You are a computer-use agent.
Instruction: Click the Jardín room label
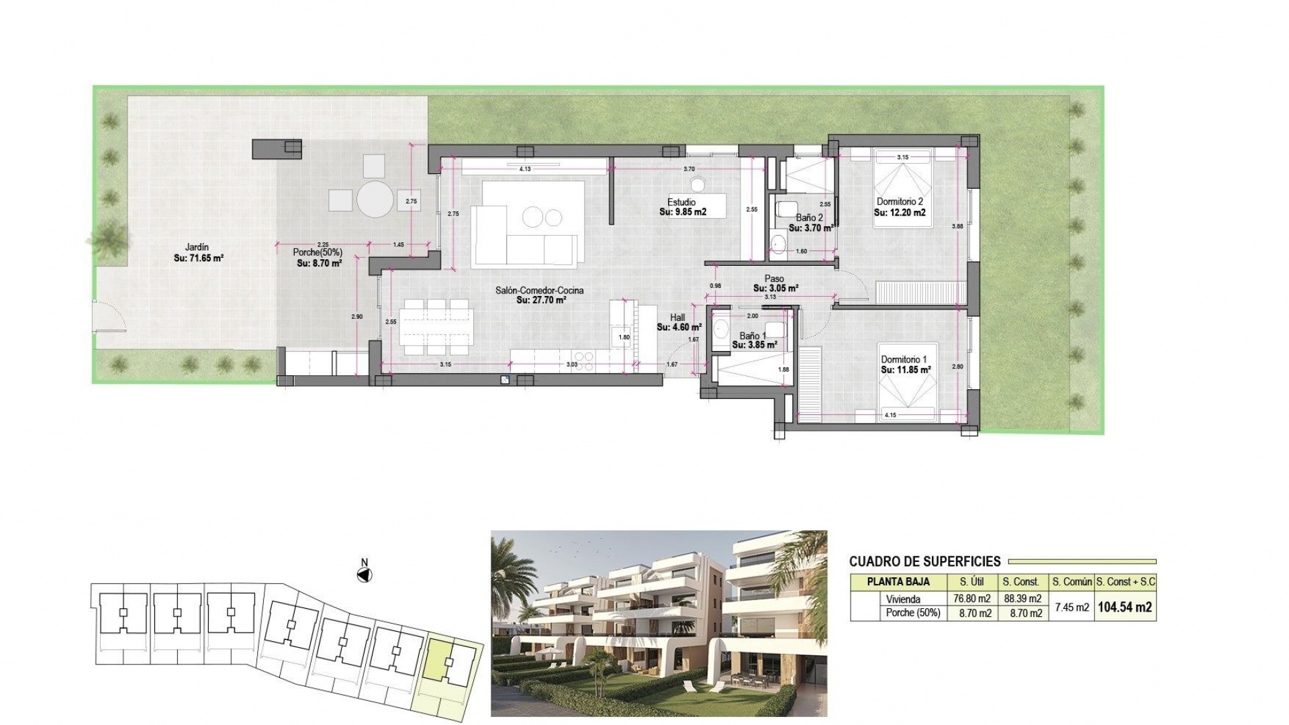coord(197,247)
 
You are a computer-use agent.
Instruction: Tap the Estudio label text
coord(681,202)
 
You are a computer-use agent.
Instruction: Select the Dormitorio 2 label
coord(900,201)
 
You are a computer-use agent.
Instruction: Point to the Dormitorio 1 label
coord(904,360)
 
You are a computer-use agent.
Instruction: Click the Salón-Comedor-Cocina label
coord(539,291)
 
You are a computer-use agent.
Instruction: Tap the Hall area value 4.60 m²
coord(679,328)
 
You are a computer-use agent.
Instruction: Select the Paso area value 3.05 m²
coord(775,289)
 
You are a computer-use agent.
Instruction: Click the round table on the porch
coord(375,199)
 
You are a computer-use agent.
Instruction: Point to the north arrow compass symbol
coord(365,575)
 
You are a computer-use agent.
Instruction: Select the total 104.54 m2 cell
coord(1125,607)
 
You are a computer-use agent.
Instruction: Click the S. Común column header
coord(1071,582)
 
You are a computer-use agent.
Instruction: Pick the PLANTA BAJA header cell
coord(898,582)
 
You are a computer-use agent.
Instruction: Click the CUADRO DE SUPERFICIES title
coord(924,562)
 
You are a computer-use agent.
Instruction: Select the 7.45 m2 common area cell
coord(1071,607)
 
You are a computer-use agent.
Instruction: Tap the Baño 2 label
coord(809,217)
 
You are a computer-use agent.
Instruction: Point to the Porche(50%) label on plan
coord(317,252)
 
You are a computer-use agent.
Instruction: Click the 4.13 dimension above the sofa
coord(525,169)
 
